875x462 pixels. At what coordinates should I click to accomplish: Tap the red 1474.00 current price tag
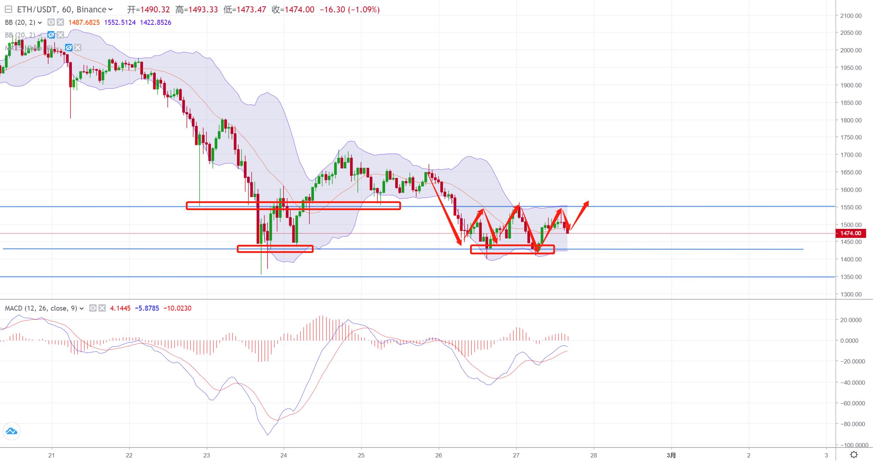[850, 233]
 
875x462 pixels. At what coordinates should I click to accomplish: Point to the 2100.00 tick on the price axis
[851, 16]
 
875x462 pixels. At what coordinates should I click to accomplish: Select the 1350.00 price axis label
[851, 277]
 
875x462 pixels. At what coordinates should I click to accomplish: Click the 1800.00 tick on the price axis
[851, 120]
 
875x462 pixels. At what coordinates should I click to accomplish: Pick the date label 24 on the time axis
[284, 455]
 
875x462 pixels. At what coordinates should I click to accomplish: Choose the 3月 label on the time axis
[671, 455]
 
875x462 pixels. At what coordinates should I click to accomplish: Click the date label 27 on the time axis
[516, 455]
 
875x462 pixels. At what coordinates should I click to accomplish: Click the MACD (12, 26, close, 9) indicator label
[41, 308]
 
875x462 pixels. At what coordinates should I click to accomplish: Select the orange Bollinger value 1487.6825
[84, 22]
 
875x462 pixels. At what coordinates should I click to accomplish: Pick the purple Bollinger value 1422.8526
[155, 22]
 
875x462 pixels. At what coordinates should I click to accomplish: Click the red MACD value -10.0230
[177, 308]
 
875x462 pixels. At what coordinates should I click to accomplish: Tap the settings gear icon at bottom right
[854, 455]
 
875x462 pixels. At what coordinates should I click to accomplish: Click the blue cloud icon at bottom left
[11, 431]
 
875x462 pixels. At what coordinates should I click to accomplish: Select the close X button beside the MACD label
[102, 308]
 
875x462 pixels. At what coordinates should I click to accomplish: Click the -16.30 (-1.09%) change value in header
[349, 10]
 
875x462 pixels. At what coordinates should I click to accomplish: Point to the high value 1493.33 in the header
[203, 10]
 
